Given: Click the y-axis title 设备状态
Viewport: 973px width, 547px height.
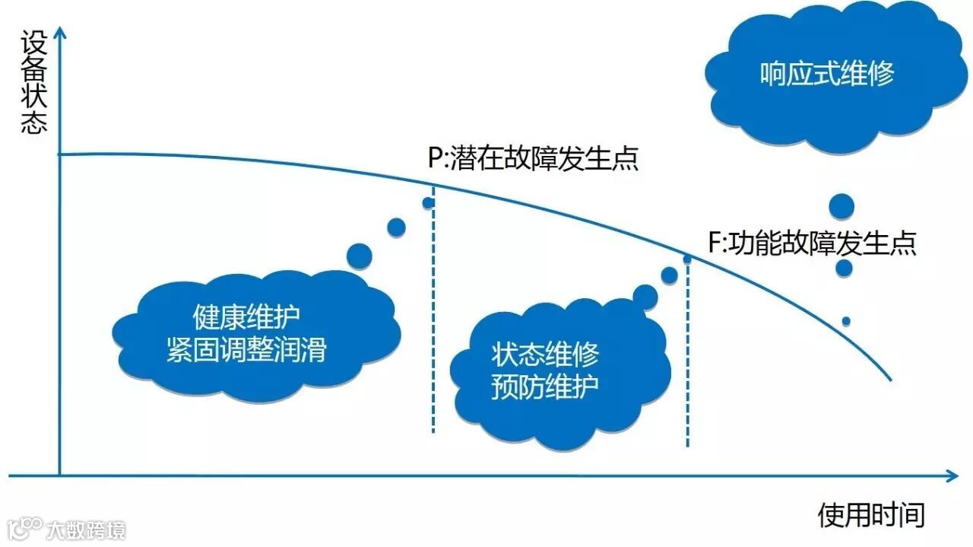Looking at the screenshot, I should pyautogui.click(x=35, y=83).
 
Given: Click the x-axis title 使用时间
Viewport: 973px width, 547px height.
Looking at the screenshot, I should pyautogui.click(x=871, y=515).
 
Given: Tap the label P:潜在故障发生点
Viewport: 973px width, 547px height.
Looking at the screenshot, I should pyautogui.click(x=533, y=159).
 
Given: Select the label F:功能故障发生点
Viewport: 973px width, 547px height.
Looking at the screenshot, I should pyautogui.click(x=812, y=243).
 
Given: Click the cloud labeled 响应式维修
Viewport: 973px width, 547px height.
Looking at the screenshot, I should pyautogui.click(x=827, y=74).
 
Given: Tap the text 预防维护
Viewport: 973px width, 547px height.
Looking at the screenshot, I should pyautogui.click(x=545, y=386).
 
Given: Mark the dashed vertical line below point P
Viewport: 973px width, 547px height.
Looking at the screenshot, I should pyautogui.click(x=433, y=320).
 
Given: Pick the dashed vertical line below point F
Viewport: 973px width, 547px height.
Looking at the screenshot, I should pyautogui.click(x=688, y=358).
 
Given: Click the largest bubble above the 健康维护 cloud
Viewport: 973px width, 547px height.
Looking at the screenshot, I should pyautogui.click(x=360, y=256).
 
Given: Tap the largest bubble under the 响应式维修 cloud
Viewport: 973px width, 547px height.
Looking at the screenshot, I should pyautogui.click(x=841, y=206).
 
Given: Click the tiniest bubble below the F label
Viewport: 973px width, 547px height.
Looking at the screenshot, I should pyautogui.click(x=846, y=321).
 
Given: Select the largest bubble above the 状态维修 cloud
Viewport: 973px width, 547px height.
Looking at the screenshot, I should pyautogui.click(x=645, y=297).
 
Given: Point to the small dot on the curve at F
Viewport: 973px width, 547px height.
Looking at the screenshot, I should pyautogui.click(x=687, y=259).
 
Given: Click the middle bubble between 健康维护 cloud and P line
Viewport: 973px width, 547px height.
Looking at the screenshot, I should pyautogui.click(x=397, y=227).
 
